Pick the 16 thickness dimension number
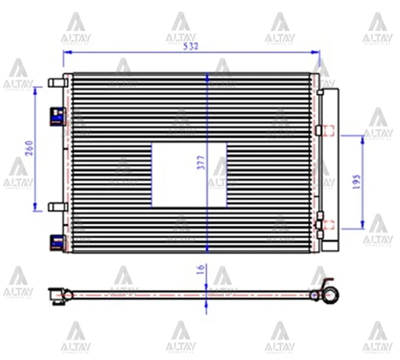coord(200,268)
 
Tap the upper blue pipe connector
coord(55,118)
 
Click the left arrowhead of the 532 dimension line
coord(66,51)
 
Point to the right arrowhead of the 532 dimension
coord(317,51)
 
